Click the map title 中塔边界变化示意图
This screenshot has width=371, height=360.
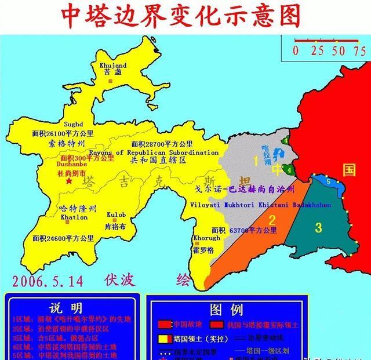tap(185, 17)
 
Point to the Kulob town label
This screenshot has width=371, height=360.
tap(116, 214)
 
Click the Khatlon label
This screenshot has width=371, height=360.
tap(74, 217)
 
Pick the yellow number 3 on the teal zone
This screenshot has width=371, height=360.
tap(318, 227)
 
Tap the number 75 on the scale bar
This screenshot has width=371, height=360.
tap(359, 50)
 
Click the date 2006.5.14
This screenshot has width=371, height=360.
tap(47, 281)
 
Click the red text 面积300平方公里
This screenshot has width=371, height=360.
tap(87, 158)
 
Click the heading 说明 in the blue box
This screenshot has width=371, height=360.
tap(66, 308)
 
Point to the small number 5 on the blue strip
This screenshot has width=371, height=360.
tap(329, 181)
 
